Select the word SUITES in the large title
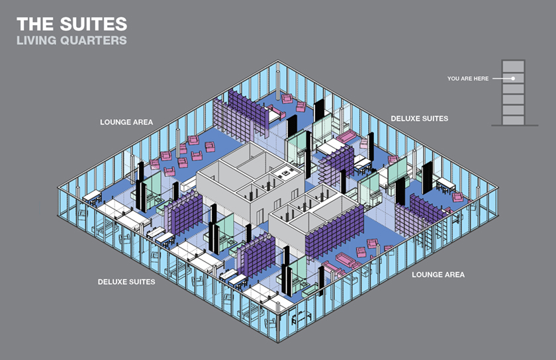click(x=93, y=24)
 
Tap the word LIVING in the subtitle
click(x=36, y=40)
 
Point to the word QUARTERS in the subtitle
click(x=93, y=40)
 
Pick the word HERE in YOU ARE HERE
click(x=481, y=79)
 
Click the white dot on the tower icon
click(x=513, y=78)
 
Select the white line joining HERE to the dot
click(x=502, y=78)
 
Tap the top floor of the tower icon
click(x=513, y=66)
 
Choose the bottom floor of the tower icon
click(x=513, y=120)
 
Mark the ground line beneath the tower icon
click(x=514, y=125)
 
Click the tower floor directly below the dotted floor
click(x=513, y=89)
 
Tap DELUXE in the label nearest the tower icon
click(x=404, y=119)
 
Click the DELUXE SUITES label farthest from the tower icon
click(x=126, y=282)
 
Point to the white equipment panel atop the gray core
click(x=285, y=173)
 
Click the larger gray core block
click(x=250, y=181)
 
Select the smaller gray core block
click(x=316, y=220)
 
